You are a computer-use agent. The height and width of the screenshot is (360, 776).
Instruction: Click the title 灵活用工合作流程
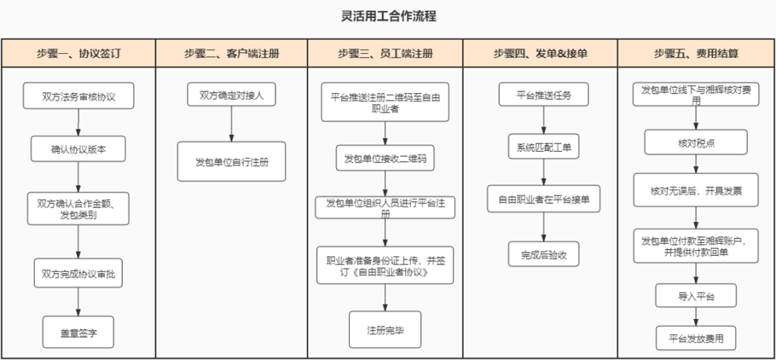point(388,16)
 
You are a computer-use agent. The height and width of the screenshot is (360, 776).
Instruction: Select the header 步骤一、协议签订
point(78,53)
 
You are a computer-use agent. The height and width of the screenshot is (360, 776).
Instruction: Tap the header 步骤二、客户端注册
point(231,53)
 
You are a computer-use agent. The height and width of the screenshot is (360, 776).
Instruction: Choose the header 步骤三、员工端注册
point(385,53)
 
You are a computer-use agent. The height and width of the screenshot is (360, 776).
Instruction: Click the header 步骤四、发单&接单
point(540,53)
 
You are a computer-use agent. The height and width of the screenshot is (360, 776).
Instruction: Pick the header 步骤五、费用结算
point(696,53)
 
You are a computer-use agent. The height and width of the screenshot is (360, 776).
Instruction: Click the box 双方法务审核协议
point(78,96)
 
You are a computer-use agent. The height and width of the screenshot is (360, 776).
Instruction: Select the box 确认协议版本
point(78,149)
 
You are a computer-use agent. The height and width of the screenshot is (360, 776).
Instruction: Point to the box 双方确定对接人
point(231,95)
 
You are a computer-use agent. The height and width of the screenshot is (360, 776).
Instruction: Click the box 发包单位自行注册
point(231,161)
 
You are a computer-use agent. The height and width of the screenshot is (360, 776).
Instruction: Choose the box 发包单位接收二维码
point(385,158)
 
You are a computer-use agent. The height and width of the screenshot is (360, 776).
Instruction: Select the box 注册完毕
point(385,330)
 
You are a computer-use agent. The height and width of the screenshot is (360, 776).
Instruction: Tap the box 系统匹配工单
point(544,147)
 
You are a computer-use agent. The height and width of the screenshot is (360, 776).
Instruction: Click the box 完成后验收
point(544,254)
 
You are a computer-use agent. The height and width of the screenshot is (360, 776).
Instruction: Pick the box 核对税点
point(696,142)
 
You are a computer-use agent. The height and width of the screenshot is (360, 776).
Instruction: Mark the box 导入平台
point(696,295)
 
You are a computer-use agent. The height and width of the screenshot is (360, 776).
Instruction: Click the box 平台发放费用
point(696,338)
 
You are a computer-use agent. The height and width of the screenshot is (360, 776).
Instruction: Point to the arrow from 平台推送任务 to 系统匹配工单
point(544,120)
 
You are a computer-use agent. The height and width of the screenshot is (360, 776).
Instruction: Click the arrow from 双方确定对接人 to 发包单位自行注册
point(231,124)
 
